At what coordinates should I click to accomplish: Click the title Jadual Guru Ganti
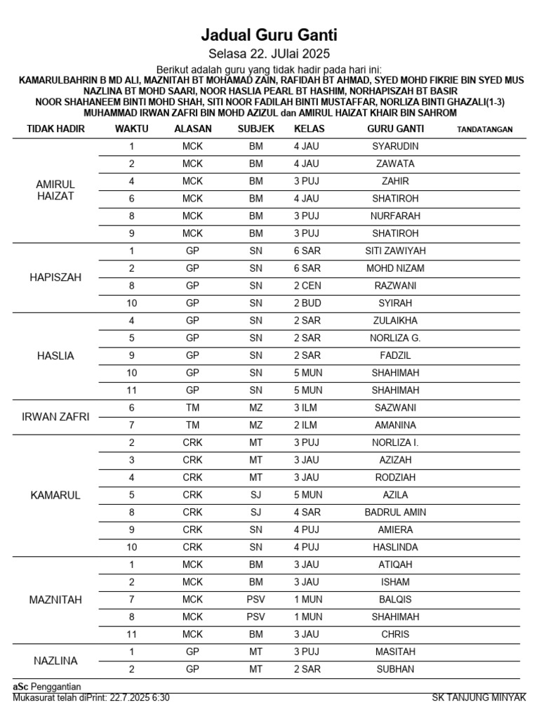tap(269, 34)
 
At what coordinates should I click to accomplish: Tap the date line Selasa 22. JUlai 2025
tap(269, 54)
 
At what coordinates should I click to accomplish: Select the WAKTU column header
tap(132, 129)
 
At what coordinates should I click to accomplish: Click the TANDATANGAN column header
tap(484, 129)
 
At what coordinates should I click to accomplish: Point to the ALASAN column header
tap(192, 129)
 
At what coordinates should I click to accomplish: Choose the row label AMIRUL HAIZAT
tap(55, 190)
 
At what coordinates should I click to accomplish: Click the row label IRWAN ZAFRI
tap(55, 416)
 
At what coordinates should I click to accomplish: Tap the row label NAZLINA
tap(55, 661)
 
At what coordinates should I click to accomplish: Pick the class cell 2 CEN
tap(307, 286)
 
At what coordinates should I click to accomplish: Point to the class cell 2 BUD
tap(307, 303)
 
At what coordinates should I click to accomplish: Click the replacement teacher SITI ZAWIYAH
tap(395, 251)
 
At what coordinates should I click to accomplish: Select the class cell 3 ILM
tap(306, 408)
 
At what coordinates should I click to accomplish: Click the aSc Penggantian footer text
tap(47, 686)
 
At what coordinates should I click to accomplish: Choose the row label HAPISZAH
tap(55, 277)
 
